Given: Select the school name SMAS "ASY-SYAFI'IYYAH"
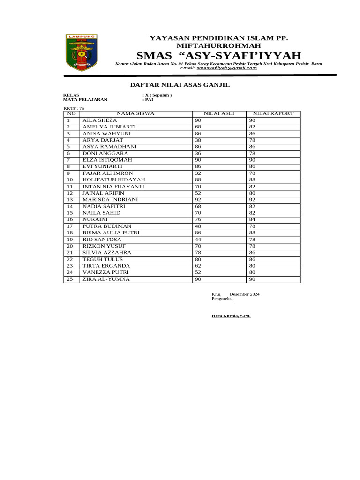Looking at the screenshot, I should [218, 55].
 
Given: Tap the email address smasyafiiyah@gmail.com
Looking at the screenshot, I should [227, 68].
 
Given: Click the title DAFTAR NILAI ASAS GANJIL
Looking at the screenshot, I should [180, 85].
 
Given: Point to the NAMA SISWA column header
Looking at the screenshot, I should [135, 114].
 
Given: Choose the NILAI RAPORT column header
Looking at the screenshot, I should [273, 114].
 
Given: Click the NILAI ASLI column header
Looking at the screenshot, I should [219, 114].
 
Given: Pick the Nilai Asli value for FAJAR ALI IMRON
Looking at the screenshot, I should [198, 173].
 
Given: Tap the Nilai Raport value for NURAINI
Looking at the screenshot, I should [252, 219].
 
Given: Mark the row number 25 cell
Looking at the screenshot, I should [70, 279].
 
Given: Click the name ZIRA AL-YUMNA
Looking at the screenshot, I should [106, 279].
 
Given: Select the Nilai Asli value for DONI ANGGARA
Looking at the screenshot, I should [198, 153].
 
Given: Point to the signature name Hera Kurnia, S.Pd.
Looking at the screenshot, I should [231, 316].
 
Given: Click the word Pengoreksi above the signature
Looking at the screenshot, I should [223, 298].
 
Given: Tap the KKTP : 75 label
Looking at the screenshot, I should [74, 108].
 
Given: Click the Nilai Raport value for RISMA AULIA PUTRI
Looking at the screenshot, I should [252, 233].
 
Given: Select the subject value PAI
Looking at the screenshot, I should [149, 99].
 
